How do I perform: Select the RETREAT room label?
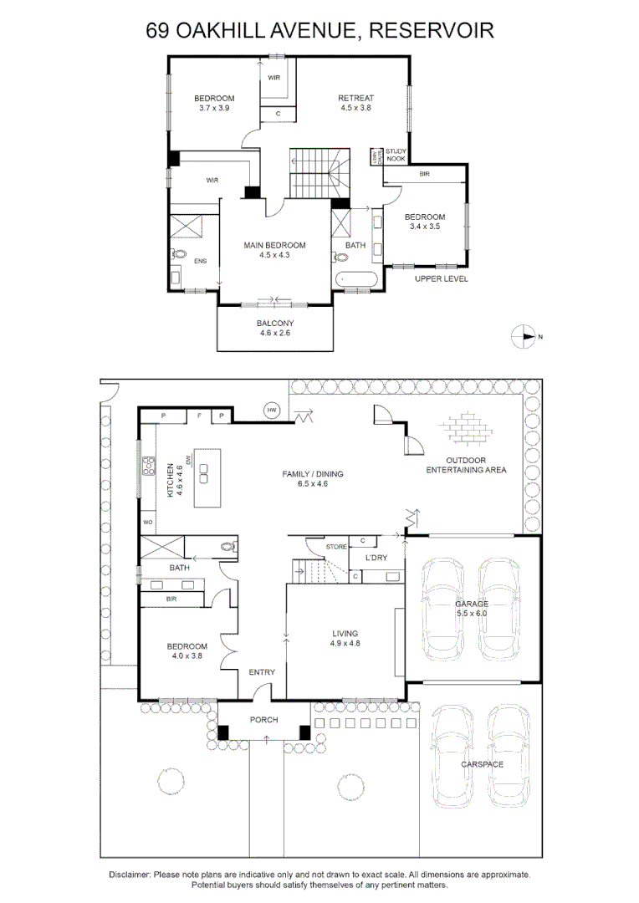tap(355, 103)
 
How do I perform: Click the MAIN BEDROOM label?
tap(274, 250)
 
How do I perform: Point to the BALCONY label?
tap(274, 327)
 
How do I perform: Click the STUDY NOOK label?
tap(395, 155)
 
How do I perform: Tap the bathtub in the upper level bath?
tap(355, 280)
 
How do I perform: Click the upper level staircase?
tap(317, 172)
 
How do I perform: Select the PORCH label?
tap(263, 720)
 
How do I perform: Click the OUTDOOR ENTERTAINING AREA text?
tap(466, 465)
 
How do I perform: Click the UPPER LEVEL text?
tap(441, 278)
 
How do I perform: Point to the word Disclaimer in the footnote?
tap(130, 874)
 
